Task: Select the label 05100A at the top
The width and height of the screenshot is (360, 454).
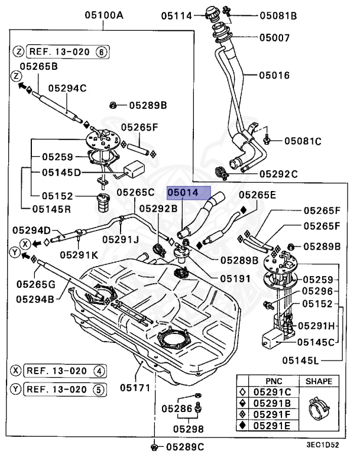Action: (103, 16)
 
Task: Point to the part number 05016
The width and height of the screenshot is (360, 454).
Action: (274, 76)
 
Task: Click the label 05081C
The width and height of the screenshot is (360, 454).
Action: (302, 141)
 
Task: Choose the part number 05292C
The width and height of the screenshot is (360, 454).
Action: (279, 174)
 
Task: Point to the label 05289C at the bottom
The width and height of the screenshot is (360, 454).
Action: (184, 446)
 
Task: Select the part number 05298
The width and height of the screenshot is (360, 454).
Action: (189, 428)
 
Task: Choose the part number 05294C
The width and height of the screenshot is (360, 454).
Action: (67, 88)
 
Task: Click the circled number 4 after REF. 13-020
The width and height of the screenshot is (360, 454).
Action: (100, 371)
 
